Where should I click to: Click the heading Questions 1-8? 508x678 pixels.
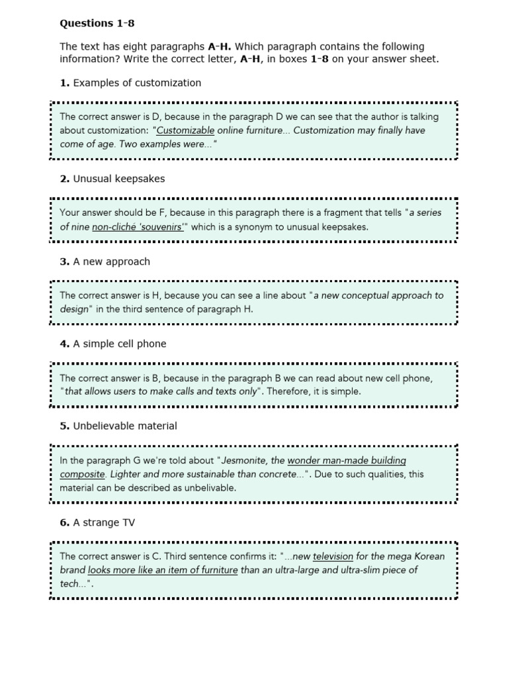(97, 23)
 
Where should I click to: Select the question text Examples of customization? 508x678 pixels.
(137, 83)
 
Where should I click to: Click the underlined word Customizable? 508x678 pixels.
(185, 130)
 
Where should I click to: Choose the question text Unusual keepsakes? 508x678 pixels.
(119, 179)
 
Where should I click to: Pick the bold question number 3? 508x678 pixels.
(64, 262)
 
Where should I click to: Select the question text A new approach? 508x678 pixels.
(111, 262)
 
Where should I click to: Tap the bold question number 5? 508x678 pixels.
(64, 426)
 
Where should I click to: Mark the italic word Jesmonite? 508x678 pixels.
(245, 460)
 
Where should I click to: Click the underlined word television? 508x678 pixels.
(333, 556)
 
